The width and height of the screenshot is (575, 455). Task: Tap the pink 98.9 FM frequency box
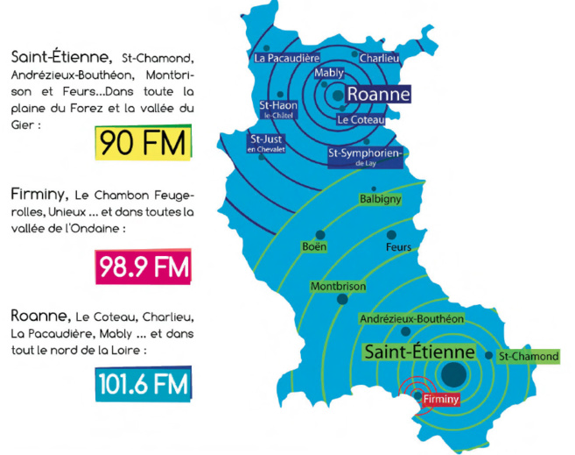(143, 267)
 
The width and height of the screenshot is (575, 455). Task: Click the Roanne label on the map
(377, 94)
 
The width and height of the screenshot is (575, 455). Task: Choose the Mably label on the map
(328, 73)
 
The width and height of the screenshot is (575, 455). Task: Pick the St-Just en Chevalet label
(267, 143)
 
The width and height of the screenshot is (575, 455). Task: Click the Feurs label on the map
(398, 247)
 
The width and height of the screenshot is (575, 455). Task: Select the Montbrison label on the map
(338, 287)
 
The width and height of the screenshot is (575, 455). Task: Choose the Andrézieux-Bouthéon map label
(411, 319)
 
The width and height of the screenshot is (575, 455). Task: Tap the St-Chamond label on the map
(528, 357)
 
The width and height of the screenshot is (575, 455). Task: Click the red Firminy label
(438, 399)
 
